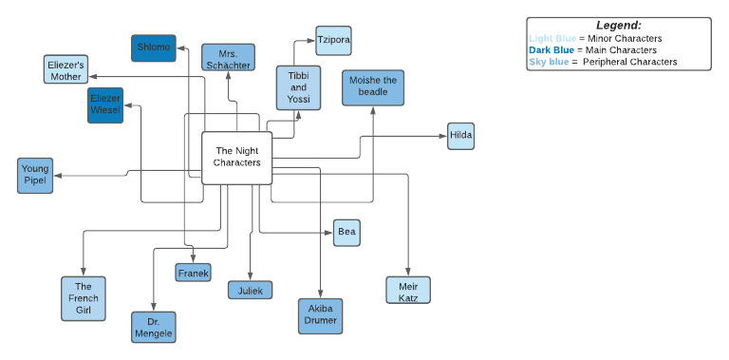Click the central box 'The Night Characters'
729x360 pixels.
click(237, 157)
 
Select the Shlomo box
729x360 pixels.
click(153, 48)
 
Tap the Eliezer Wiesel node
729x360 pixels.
click(105, 104)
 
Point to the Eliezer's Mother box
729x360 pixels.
click(67, 69)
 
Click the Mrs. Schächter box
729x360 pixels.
click(228, 57)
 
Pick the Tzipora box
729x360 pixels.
click(333, 41)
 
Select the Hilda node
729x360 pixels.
click(460, 137)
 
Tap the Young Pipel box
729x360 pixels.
click(35, 176)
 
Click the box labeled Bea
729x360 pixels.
click(346, 232)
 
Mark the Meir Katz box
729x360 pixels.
click(408, 290)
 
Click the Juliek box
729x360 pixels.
click(251, 290)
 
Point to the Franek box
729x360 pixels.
click(193, 273)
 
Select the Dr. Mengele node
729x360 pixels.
click(154, 327)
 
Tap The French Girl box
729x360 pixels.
click(83, 298)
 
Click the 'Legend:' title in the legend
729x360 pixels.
click(618, 25)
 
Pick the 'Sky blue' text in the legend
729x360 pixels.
click(549, 62)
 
